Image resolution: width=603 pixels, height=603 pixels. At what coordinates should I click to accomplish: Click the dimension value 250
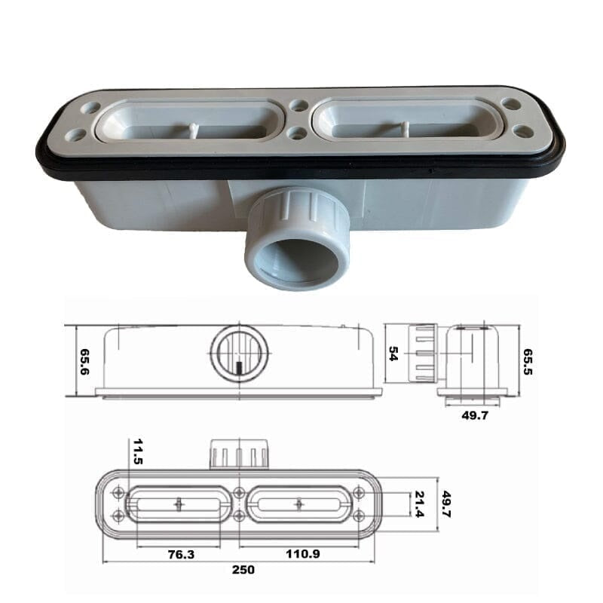[243, 570]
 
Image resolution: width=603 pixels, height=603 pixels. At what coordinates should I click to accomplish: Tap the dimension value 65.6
[85, 362]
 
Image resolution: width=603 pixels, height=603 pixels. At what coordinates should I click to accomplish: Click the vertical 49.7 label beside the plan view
[446, 504]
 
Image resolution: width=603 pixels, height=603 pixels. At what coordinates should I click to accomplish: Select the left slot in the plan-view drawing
[178, 504]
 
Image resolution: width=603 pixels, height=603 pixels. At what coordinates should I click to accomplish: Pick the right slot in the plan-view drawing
[299, 504]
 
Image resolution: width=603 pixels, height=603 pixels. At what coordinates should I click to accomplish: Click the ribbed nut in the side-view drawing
[422, 353]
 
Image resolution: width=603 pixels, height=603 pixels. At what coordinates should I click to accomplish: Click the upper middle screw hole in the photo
[299, 106]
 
